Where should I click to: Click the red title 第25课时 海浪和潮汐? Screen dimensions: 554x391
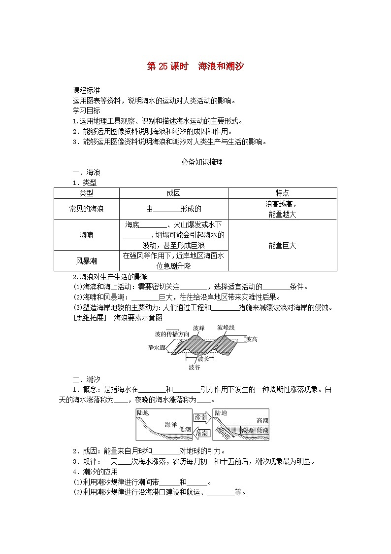(x=195, y=67)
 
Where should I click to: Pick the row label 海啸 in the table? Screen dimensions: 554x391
(x=86, y=235)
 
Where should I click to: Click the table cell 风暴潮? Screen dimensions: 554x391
(x=86, y=260)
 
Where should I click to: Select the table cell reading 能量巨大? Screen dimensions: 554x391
(x=282, y=245)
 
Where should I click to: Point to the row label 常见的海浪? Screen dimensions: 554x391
(x=86, y=209)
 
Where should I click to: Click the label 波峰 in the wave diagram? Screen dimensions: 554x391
(x=198, y=328)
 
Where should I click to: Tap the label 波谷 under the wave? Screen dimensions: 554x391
(x=194, y=367)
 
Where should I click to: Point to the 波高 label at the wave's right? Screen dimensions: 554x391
(x=252, y=339)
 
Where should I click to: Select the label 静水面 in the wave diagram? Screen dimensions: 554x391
(x=157, y=347)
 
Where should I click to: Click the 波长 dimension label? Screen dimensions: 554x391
(x=202, y=359)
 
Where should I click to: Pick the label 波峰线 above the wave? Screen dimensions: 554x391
(x=226, y=328)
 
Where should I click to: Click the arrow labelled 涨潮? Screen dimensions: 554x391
(x=201, y=417)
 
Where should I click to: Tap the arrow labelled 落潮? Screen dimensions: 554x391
(x=201, y=433)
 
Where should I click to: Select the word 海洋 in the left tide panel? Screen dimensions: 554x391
(x=170, y=424)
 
